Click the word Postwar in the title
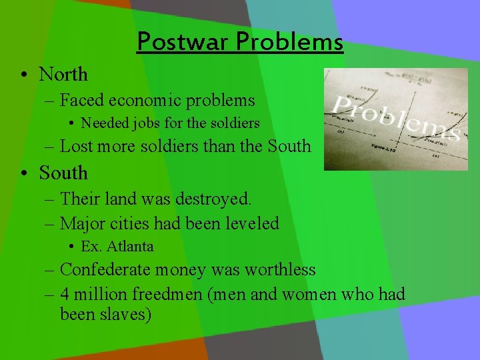point(174,42)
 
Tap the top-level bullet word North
point(63,74)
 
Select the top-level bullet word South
point(63,173)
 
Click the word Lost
point(76,145)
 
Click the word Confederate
point(105,270)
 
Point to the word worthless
point(280,270)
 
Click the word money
point(182,270)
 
